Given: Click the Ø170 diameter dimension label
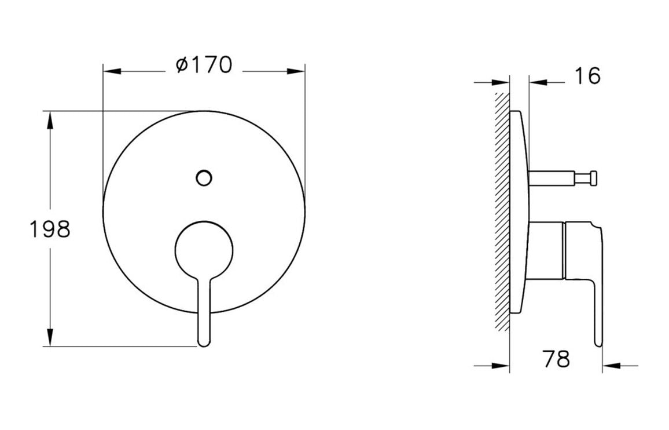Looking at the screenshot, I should click(204, 65).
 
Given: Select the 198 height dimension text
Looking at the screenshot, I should click(50, 229).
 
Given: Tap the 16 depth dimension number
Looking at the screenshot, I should click(588, 76).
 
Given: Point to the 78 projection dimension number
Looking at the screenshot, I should click(556, 359).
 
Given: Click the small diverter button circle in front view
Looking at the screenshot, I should click(204, 178).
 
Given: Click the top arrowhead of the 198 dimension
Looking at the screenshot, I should click(50, 119).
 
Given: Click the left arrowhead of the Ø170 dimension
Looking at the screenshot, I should click(112, 71).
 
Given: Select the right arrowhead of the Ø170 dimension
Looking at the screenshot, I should click(296, 71).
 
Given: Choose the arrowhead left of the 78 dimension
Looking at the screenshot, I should click(501, 366).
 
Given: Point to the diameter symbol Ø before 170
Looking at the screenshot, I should click(181, 65).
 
